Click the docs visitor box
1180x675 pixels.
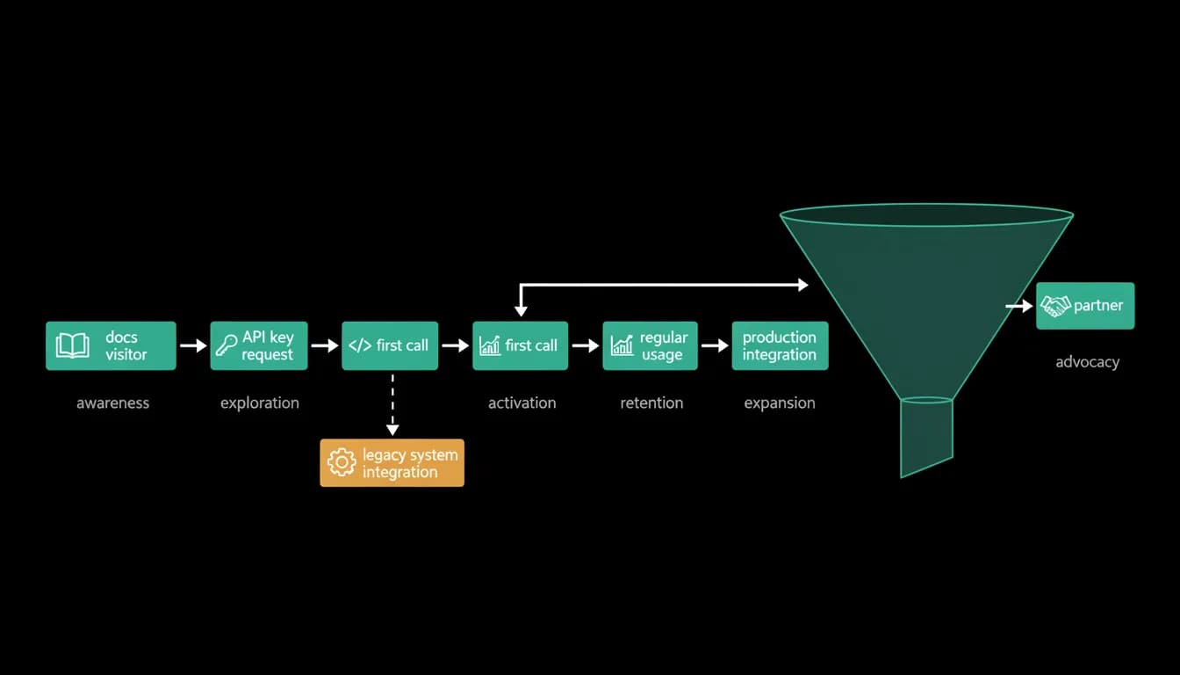point(111,345)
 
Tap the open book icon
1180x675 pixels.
point(72,345)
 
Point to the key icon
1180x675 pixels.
point(227,346)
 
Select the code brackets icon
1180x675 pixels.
point(360,346)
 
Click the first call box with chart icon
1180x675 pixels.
point(520,345)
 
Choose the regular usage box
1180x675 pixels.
point(650,345)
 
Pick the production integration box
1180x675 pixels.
point(780,345)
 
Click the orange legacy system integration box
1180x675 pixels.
point(392,462)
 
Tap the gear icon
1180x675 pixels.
point(342,462)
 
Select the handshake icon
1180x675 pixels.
point(1055,306)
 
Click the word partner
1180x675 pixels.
point(1098,306)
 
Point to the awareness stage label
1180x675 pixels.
point(112,403)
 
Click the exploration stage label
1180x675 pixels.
point(260,403)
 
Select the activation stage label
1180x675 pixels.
point(522,403)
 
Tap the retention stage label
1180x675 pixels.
point(651,403)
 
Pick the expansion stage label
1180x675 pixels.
point(780,403)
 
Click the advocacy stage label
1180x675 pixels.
point(1087,362)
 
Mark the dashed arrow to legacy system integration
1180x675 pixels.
point(392,405)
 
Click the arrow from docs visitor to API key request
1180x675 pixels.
point(193,346)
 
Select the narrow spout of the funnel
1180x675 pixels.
point(926,437)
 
